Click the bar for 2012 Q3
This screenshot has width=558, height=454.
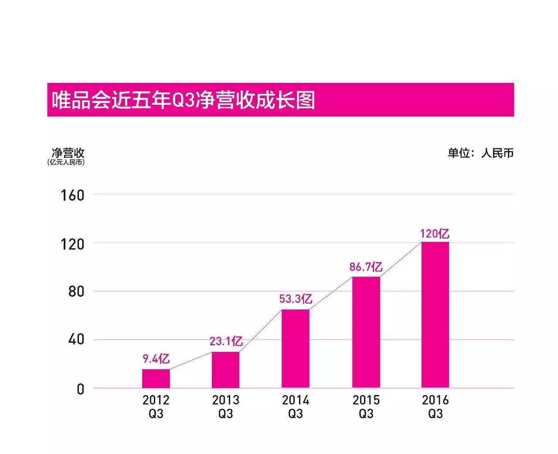click(156, 378)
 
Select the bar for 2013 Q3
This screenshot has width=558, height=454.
click(225, 370)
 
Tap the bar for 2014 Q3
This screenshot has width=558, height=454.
click(295, 348)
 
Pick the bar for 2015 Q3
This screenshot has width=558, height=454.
click(366, 332)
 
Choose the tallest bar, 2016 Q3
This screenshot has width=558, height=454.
click(435, 315)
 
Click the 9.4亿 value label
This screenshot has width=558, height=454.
click(156, 359)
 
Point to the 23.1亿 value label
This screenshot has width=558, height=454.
click(226, 341)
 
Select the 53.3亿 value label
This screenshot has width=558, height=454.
click(296, 299)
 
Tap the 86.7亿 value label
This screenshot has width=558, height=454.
click(366, 267)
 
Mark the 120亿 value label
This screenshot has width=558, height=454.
click(435, 234)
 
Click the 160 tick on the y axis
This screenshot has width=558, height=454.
click(72, 195)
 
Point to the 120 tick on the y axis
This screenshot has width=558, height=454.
click(72, 244)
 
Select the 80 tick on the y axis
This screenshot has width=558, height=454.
click(76, 292)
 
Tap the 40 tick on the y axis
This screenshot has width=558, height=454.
click(76, 340)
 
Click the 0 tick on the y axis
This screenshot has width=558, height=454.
click(81, 389)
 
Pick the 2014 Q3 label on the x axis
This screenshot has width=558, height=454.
click(295, 406)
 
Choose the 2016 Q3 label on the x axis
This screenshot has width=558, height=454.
click(435, 406)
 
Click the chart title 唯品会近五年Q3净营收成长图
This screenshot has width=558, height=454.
click(183, 100)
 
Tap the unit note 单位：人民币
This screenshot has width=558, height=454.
click(480, 153)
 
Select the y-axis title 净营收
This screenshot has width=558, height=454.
click(68, 153)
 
